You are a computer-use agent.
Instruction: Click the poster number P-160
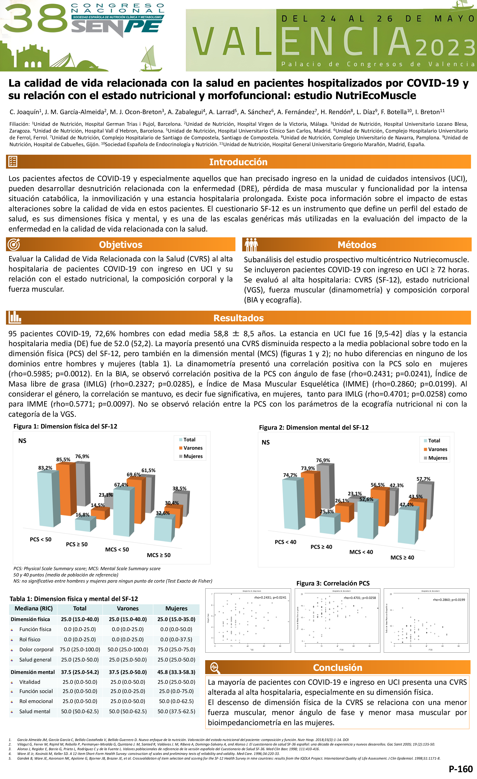[x=460, y=768]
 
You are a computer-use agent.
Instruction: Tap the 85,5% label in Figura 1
[x=63, y=459]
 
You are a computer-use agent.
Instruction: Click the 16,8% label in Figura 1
[x=82, y=515]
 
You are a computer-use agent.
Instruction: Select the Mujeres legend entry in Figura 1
[x=193, y=456]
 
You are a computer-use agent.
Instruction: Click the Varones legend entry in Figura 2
[x=437, y=449]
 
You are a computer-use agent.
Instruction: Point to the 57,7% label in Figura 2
[x=423, y=479]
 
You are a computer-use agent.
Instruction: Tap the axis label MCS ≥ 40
[x=402, y=557]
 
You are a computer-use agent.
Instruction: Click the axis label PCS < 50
[x=40, y=539]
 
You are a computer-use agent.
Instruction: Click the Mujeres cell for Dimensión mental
[x=176, y=672]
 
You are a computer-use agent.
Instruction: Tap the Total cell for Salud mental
[x=80, y=711]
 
